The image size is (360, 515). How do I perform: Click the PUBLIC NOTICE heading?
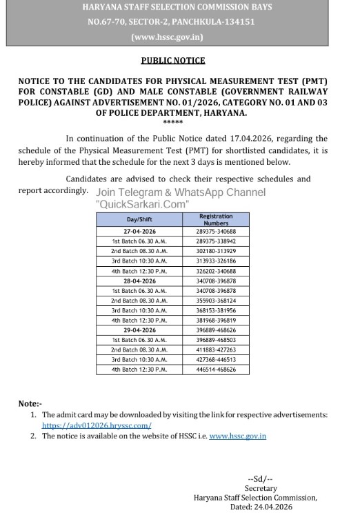point(173,61)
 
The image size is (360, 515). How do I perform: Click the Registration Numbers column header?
point(216,219)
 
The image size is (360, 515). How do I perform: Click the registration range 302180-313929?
point(216,252)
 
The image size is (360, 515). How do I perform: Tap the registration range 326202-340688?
point(216,272)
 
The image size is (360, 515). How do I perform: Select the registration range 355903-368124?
point(216,301)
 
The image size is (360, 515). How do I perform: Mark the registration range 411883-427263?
point(216,350)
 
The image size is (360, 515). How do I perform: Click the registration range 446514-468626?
point(216,370)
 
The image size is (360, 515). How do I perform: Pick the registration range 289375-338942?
point(216,242)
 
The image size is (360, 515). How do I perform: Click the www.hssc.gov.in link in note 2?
point(237,436)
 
